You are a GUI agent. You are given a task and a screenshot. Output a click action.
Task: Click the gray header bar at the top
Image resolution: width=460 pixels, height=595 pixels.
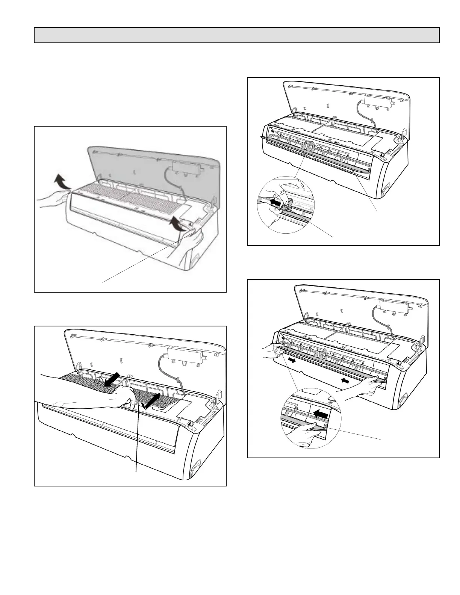pos(237,35)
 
